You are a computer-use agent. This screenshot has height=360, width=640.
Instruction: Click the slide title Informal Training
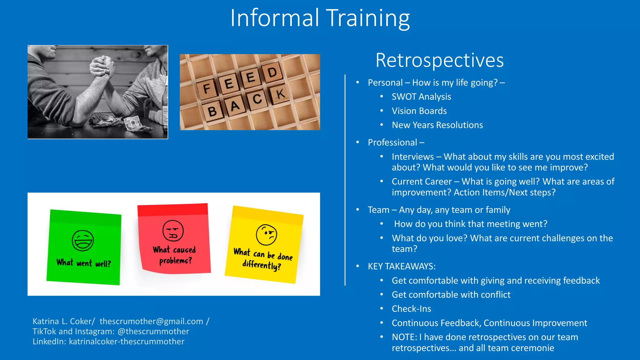click(x=320, y=18)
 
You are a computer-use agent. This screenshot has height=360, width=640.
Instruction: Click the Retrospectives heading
click(x=439, y=60)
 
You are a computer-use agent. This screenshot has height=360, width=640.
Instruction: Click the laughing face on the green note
click(x=83, y=241)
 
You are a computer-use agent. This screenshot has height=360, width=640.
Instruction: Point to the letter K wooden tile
click(x=280, y=93)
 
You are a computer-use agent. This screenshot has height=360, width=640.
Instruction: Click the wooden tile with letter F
click(x=207, y=89)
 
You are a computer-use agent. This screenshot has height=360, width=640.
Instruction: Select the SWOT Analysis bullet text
click(x=421, y=97)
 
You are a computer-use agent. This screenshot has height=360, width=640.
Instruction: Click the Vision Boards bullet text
click(x=419, y=111)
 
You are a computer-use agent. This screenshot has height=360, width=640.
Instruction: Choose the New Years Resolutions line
click(x=437, y=125)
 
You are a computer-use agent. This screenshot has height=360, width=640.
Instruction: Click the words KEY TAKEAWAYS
click(x=402, y=266)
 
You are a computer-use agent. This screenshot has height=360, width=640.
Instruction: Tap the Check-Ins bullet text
click(x=411, y=309)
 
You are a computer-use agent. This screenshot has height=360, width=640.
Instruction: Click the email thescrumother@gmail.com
click(x=151, y=321)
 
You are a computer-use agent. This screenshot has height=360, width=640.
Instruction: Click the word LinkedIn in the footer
click(x=49, y=341)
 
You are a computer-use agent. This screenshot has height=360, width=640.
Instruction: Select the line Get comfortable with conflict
click(x=451, y=295)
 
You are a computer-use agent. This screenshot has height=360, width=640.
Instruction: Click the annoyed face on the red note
click(x=173, y=231)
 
